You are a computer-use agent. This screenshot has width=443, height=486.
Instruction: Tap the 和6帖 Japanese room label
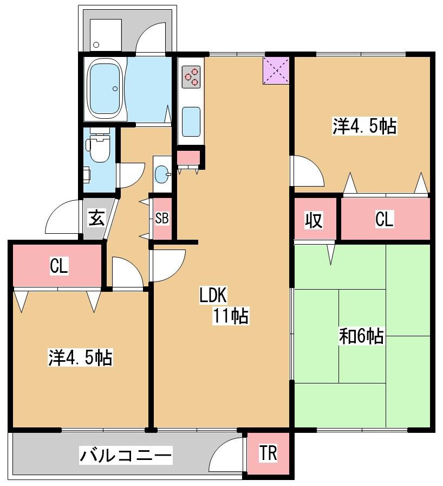(361, 337)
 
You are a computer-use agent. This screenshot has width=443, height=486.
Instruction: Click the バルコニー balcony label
(126, 455)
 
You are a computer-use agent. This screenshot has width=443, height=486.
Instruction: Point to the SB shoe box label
(162, 218)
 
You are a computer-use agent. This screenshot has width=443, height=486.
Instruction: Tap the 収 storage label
(314, 220)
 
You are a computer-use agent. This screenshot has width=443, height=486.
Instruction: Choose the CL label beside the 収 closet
(385, 220)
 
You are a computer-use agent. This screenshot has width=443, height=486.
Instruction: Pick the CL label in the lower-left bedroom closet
(58, 266)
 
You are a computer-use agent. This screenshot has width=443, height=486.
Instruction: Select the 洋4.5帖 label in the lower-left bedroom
(80, 358)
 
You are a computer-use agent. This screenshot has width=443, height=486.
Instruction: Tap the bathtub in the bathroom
(105, 89)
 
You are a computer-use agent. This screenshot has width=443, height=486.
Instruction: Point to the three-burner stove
(191, 76)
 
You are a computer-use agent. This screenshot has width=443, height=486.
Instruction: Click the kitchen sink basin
(191, 121)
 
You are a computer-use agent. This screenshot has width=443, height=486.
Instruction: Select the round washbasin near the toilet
(161, 174)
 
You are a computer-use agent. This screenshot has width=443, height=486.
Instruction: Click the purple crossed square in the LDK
(276, 70)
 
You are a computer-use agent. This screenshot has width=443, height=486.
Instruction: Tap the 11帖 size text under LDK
(230, 315)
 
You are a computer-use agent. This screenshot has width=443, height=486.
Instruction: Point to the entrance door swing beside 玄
(62, 216)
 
